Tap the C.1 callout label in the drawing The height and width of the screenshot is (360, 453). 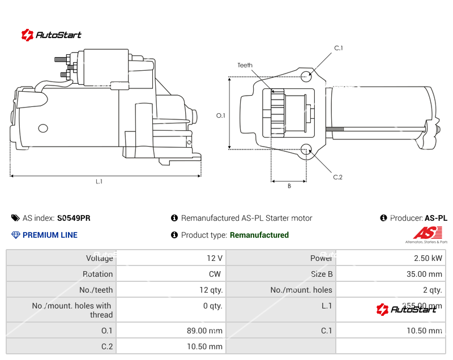[x=339, y=48]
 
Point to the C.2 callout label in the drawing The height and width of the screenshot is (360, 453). [x=337, y=177]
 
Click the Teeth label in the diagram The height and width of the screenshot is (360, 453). [x=245, y=66]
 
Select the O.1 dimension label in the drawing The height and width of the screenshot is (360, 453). [x=221, y=115]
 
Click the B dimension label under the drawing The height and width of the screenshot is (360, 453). [x=289, y=186]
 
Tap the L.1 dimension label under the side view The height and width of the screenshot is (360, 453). [x=99, y=182]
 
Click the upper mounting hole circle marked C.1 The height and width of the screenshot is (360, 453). [x=306, y=76]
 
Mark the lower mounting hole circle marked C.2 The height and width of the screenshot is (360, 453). [x=306, y=149]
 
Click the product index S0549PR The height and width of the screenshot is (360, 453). [x=74, y=218]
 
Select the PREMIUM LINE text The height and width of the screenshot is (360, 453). [x=50, y=235]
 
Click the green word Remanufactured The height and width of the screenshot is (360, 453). [x=259, y=235]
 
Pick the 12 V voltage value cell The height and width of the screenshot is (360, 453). [x=215, y=258]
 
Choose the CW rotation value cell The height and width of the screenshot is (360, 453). [x=216, y=274]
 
